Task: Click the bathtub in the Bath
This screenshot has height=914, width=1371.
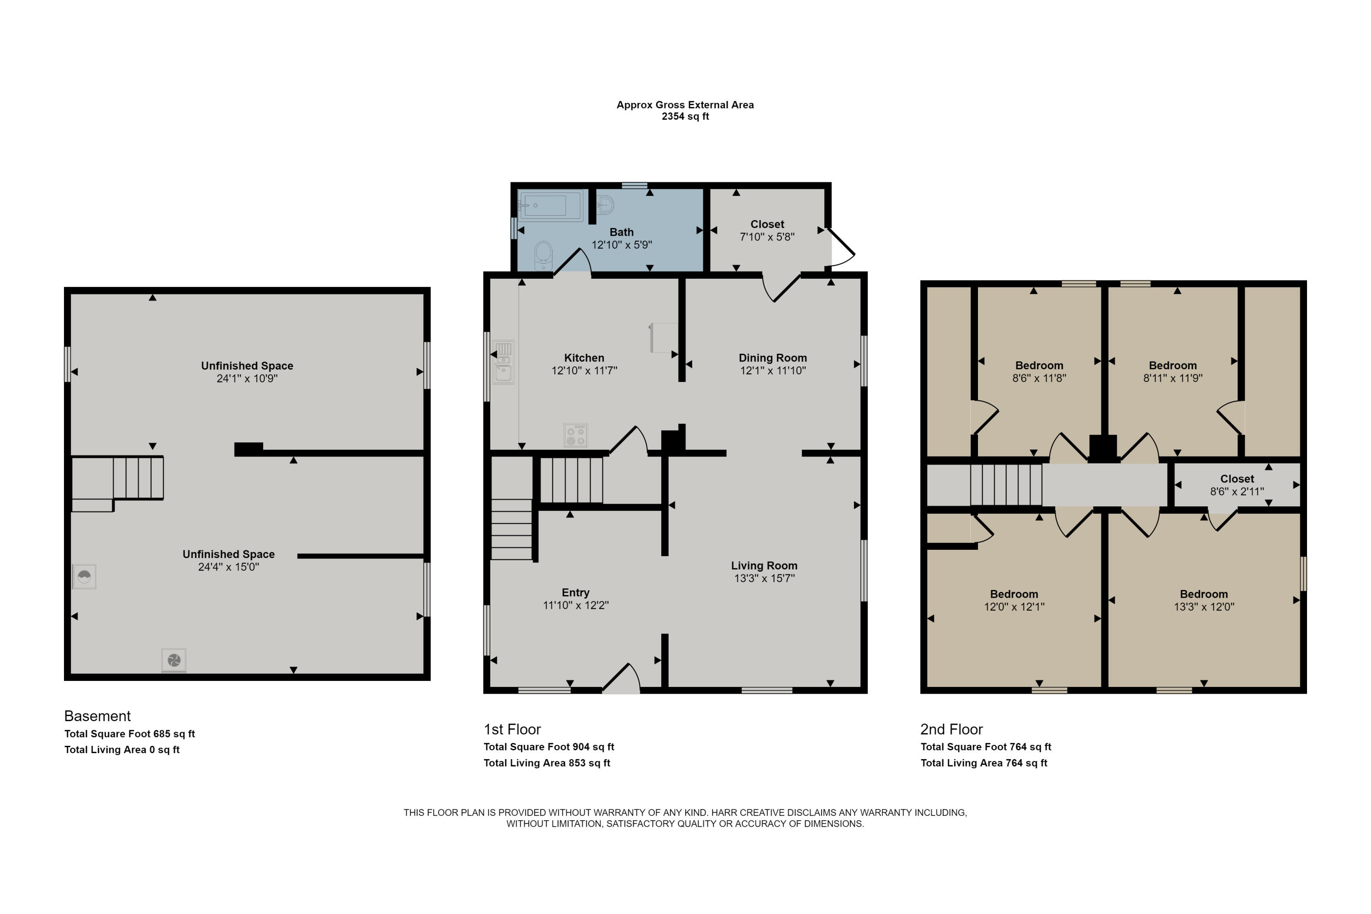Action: click(550, 205)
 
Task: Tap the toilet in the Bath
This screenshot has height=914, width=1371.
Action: click(543, 255)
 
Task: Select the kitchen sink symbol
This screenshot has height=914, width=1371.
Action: click(504, 362)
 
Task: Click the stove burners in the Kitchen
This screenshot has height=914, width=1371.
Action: click(575, 436)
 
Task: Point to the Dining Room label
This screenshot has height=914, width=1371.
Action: click(772, 358)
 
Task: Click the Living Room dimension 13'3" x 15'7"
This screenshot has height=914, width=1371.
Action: click(764, 578)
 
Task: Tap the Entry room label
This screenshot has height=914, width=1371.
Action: click(575, 592)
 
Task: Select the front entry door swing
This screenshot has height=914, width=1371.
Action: click(622, 679)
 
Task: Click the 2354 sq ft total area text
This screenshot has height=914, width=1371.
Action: click(685, 116)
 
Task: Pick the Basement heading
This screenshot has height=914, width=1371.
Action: click(97, 716)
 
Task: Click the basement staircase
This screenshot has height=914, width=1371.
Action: click(138, 478)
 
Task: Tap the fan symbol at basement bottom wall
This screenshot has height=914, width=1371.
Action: click(174, 660)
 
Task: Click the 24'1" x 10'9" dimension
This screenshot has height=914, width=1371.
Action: click(247, 378)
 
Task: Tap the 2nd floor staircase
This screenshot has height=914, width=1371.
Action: click(1005, 484)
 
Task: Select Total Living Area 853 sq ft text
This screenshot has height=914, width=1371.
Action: click(546, 763)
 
